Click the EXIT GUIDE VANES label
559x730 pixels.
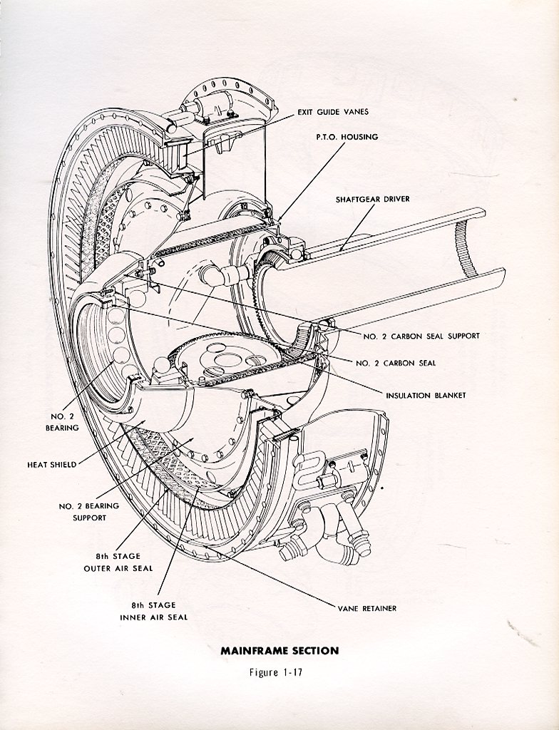(x=333, y=112)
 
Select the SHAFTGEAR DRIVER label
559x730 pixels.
(x=373, y=199)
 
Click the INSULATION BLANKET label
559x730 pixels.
(x=425, y=395)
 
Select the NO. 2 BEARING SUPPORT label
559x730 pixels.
(x=88, y=512)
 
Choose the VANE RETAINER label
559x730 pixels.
(x=367, y=608)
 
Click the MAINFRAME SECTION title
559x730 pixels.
(x=279, y=650)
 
